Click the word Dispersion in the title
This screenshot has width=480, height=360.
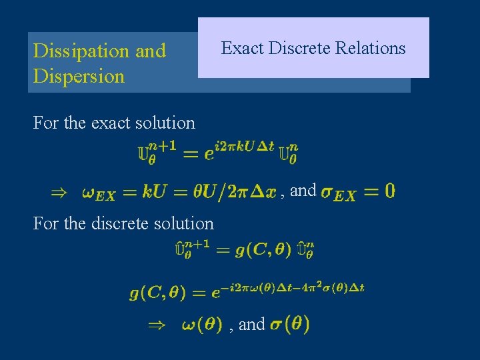(x=79, y=76)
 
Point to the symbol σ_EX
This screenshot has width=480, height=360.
(x=338, y=193)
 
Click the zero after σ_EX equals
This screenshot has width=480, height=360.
(x=389, y=191)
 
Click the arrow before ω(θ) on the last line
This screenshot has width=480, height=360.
(x=155, y=325)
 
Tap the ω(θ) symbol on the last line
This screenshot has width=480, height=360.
(x=201, y=325)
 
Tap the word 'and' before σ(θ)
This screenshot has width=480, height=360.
(x=251, y=325)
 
